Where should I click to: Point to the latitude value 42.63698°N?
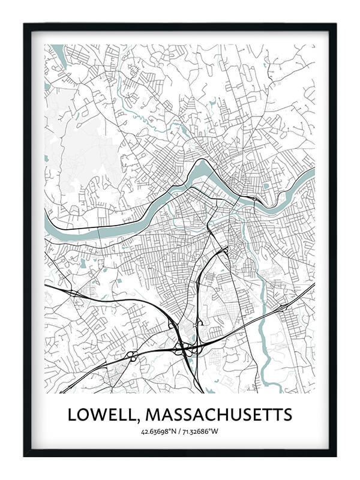point(158,431)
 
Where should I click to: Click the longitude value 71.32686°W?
point(201,431)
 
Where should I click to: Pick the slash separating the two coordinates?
point(179,431)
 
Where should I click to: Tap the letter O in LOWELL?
point(84,415)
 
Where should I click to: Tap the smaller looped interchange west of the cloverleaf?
point(131,355)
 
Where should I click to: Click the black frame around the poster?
point(26,240)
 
